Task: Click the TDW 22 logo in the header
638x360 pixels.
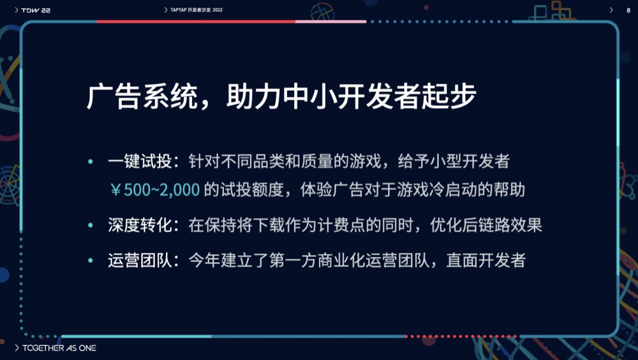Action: coord(36,10)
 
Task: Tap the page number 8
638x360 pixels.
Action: coord(628,10)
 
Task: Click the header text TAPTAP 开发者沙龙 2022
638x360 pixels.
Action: coord(197,10)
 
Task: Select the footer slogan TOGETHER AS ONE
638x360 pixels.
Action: coord(59,348)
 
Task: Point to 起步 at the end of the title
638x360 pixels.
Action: coord(449,97)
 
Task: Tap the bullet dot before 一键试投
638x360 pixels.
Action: coord(91,161)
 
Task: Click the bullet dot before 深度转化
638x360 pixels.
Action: coord(91,225)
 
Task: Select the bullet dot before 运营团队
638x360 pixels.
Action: coord(91,260)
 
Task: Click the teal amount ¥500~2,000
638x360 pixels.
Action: coord(155,190)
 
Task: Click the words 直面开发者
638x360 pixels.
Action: coord(486,260)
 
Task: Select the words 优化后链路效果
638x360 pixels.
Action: coord(486,225)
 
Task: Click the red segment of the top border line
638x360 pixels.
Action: coord(196,22)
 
